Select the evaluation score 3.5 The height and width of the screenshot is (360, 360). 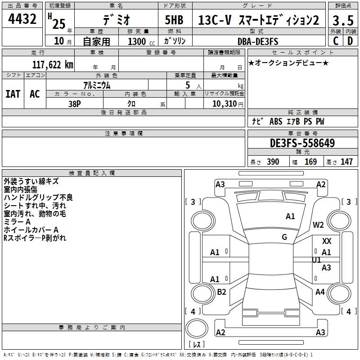pyautogui.click(x=342, y=20)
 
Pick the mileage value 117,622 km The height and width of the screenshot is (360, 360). pyautogui.click(x=53, y=65)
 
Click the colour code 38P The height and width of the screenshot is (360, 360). pyautogui.click(x=75, y=103)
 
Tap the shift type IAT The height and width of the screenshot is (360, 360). pyautogui.click(x=13, y=94)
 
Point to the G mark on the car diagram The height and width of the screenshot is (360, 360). pyautogui.click(x=284, y=237)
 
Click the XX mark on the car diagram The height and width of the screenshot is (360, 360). pyautogui.click(x=327, y=242)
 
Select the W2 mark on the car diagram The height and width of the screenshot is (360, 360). pyautogui.click(x=319, y=225)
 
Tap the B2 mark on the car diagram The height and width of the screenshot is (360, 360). pyautogui.click(x=221, y=292)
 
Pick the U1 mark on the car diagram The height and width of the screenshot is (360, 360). pyautogui.click(x=316, y=260)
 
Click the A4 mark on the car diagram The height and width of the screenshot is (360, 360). pyautogui.click(x=320, y=292)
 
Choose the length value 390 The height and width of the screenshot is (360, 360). pyautogui.click(x=273, y=162)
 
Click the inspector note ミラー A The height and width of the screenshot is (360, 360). pyautogui.click(x=17, y=222)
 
